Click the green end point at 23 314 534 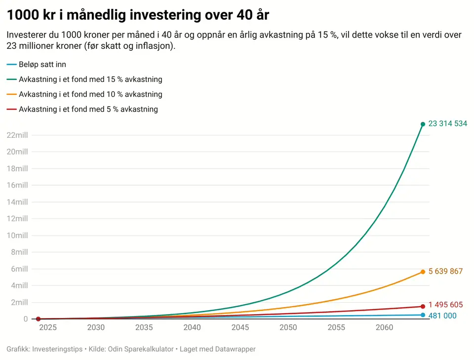point(423,124)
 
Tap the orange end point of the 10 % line point(423,272)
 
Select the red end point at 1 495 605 point(423,307)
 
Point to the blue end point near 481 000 point(423,315)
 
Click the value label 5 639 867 point(445,271)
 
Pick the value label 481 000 point(442,316)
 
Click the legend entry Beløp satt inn point(36,64)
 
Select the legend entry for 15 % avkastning point(84,79)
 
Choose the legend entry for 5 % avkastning point(82,109)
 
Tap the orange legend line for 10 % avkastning point(11,94)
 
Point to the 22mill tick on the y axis point(17,135)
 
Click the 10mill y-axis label point(17,235)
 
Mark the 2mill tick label point(19,302)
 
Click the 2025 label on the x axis point(48,327)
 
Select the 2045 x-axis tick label point(240,327)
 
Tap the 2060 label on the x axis point(385,327)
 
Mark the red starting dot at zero point(38,319)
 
